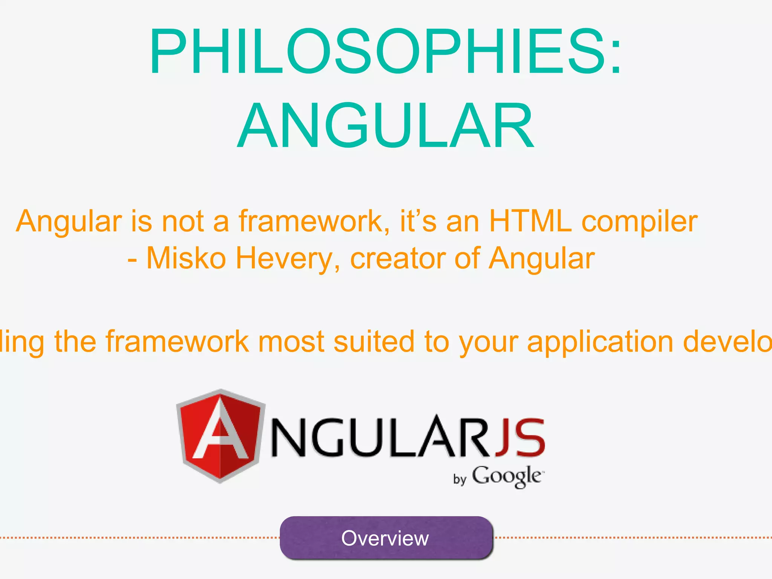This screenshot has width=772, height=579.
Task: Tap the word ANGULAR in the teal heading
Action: point(385,127)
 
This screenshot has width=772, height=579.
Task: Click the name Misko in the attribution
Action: point(186,259)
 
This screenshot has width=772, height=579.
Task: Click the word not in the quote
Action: point(183,221)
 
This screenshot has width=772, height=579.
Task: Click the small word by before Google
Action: point(460,479)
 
